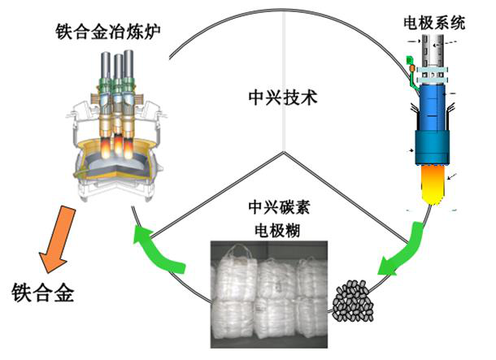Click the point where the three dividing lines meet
click(284, 152)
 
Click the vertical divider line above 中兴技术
click(284, 49)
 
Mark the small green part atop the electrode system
click(411, 61)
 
